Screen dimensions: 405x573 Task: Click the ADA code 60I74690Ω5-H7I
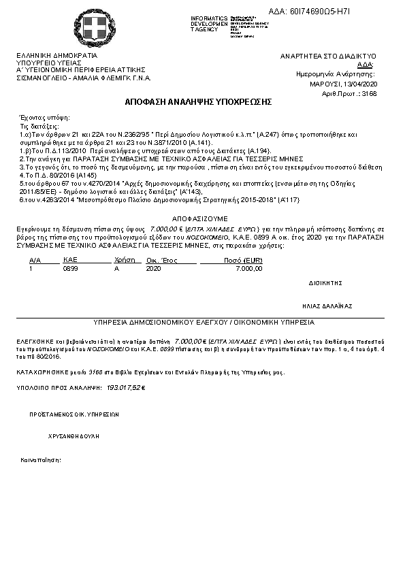pos(347,12)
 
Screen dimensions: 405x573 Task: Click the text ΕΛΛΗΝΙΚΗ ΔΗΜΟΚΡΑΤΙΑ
pos(56,56)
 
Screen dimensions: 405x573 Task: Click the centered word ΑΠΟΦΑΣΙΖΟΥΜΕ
pos(198,218)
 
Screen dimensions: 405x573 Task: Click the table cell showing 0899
pos(70,269)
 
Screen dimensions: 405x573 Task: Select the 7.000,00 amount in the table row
pos(248,269)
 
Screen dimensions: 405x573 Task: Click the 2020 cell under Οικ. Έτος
pos(153,269)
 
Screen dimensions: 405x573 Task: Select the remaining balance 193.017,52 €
pos(127,387)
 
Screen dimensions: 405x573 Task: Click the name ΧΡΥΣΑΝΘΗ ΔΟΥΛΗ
pos(74,435)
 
